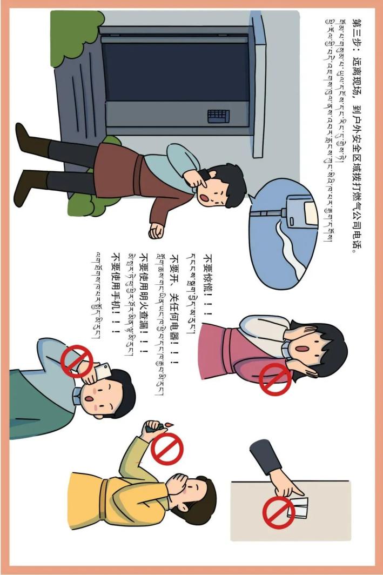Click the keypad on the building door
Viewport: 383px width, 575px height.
coord(218,117)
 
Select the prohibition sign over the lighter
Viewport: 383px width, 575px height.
coord(167,449)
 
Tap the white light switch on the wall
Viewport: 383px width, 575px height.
coord(298,508)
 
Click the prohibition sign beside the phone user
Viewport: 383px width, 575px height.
coord(77,361)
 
